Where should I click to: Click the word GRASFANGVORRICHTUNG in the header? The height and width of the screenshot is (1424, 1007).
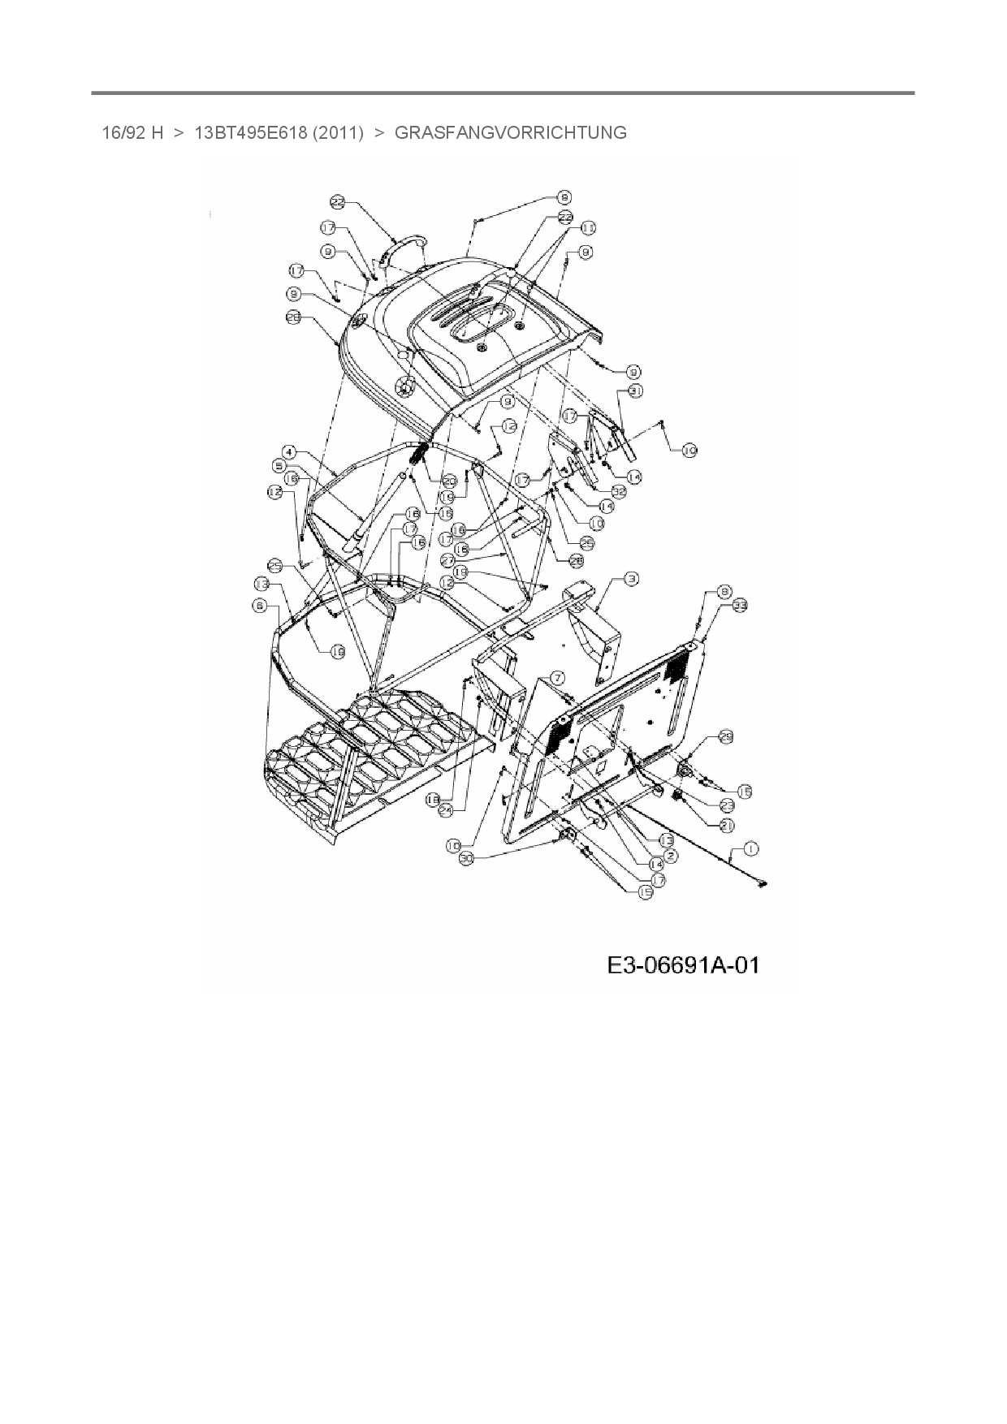click(x=510, y=132)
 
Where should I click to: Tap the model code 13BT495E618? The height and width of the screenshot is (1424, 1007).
click(x=249, y=132)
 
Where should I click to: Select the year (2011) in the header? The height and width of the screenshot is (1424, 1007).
click(x=337, y=132)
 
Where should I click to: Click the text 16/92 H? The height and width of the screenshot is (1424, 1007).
click(x=132, y=132)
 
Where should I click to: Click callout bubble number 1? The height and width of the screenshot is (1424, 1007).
click(x=751, y=848)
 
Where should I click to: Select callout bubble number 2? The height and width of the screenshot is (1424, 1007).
click(x=671, y=856)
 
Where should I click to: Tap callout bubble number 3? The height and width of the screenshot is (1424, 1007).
click(x=632, y=579)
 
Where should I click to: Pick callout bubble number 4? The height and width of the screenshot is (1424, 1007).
click(x=289, y=451)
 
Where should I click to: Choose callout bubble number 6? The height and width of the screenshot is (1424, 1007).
click(x=259, y=605)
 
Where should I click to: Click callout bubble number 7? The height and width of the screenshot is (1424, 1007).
click(x=558, y=677)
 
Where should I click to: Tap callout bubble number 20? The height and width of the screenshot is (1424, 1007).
click(x=448, y=481)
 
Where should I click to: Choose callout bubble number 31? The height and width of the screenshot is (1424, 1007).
click(x=636, y=391)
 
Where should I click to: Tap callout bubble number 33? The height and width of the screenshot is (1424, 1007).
click(x=740, y=605)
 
